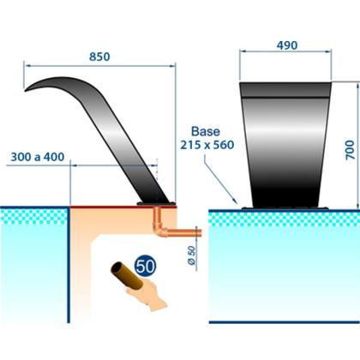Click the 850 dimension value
click(x=99, y=57)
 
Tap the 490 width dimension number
click(x=287, y=45)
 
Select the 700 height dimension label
click(x=350, y=150)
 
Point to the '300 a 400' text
click(x=38, y=157)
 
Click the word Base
click(x=206, y=131)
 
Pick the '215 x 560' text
click(x=207, y=145)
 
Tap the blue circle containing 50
click(x=145, y=266)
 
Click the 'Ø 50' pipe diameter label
click(x=192, y=255)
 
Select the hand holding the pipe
click(x=147, y=294)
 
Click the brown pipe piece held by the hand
click(x=127, y=275)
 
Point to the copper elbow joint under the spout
click(x=160, y=230)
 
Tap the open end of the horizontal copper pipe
click(x=201, y=233)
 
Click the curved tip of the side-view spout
click(x=27, y=90)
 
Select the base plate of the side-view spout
click(x=156, y=203)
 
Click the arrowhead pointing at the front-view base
click(x=235, y=201)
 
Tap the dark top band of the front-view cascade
click(x=285, y=90)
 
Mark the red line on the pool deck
click(x=123, y=207)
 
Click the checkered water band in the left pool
click(x=33, y=216)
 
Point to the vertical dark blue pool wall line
click(x=69, y=265)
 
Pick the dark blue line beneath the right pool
click(x=285, y=322)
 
